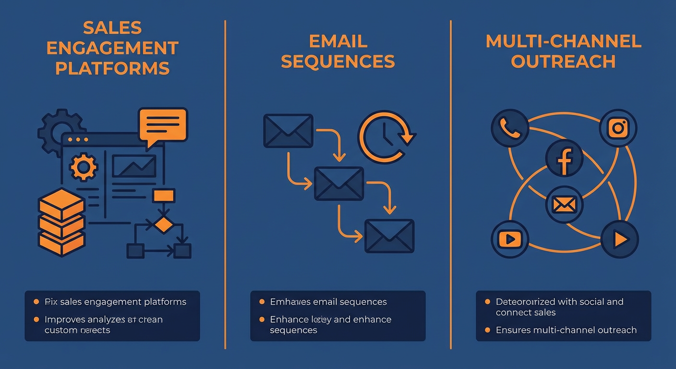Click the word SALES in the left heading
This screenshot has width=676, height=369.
coord(113,28)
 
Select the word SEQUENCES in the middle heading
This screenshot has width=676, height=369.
coord(338,61)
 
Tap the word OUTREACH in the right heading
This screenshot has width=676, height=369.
coord(563,61)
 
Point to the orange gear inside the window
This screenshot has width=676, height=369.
coord(84,167)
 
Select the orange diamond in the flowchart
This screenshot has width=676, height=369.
coord(164,224)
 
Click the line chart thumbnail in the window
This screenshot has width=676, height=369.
coord(134,166)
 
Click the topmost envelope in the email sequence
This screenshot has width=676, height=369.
coord(288,131)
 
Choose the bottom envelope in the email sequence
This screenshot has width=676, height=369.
coord(389,236)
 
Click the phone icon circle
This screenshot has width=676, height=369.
coord(509,128)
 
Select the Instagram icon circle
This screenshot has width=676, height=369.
coord(618,128)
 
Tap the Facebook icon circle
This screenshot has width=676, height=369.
coord(564,159)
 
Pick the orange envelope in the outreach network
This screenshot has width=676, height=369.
coord(564,205)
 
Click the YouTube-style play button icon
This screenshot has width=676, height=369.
coord(509,239)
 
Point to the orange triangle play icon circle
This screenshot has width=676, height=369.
coord(620,239)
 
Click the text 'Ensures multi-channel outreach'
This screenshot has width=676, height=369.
coord(566,330)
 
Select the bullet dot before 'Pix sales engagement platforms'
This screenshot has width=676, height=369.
coord(36,302)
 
